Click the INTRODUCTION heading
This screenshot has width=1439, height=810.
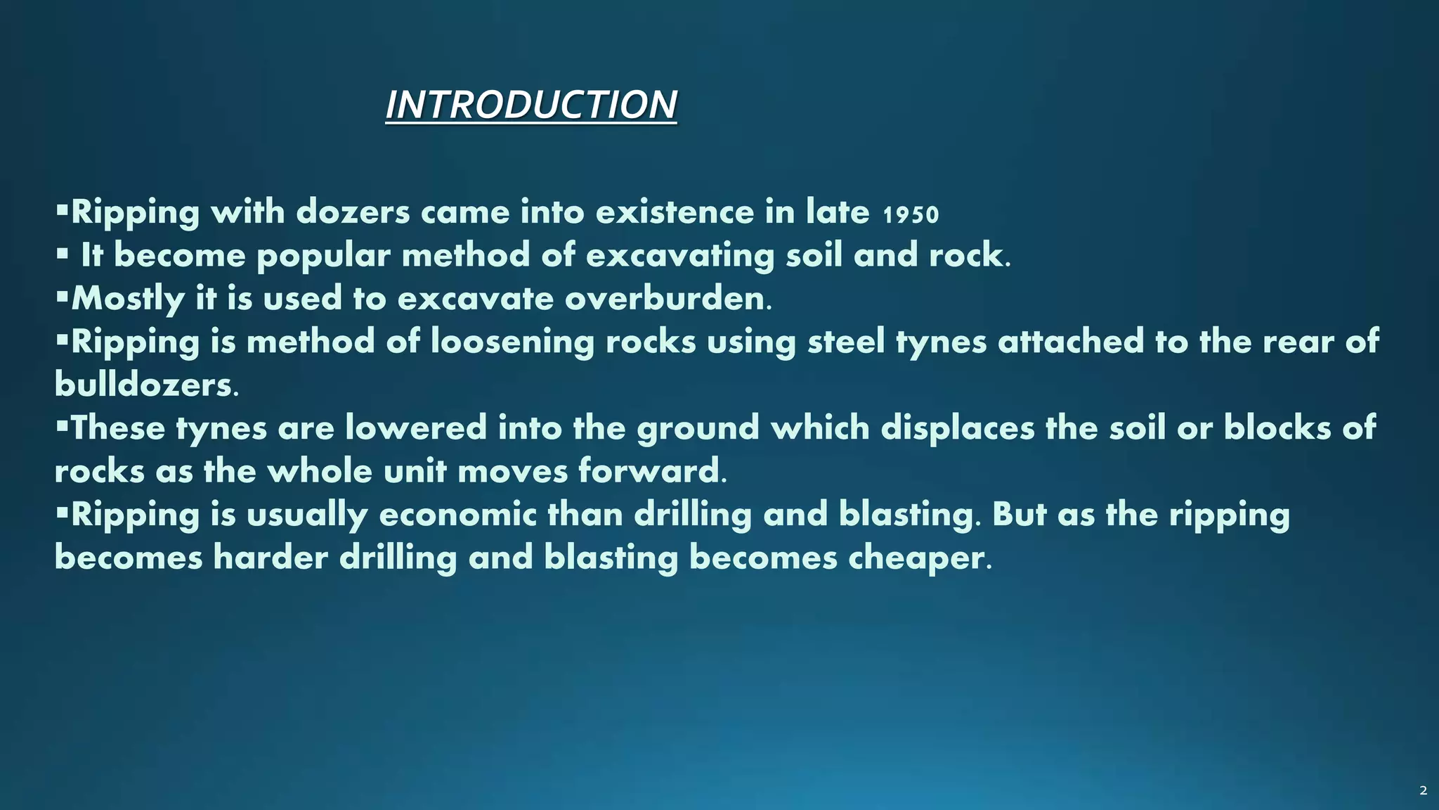click(530, 105)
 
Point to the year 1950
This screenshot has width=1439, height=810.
click(911, 214)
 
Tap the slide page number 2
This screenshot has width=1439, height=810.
click(1423, 790)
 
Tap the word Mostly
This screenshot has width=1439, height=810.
click(128, 299)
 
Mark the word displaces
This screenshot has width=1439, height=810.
click(958, 427)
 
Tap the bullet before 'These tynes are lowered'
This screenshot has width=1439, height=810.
click(62, 423)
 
